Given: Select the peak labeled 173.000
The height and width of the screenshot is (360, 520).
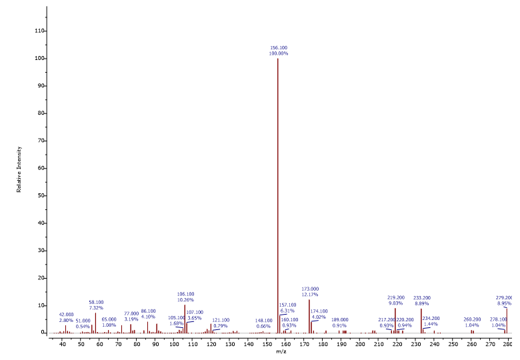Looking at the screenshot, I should [309, 317].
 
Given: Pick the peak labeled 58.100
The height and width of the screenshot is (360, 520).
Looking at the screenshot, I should [95, 323].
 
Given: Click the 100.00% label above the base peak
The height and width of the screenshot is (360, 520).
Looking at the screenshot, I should [279, 53].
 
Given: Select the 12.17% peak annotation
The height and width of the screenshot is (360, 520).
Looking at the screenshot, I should [310, 294].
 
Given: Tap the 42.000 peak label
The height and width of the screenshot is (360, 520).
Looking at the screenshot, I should [67, 315].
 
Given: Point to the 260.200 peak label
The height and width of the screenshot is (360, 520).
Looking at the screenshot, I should [472, 319].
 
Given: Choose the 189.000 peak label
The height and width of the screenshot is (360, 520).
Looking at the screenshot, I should [340, 319].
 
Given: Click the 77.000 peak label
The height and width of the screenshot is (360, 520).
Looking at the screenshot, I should [131, 313].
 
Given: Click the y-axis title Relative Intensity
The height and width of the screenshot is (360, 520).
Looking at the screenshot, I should [19, 169].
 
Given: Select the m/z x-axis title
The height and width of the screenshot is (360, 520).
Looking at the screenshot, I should [281, 351].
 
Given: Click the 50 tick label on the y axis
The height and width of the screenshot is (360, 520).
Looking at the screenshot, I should [40, 195].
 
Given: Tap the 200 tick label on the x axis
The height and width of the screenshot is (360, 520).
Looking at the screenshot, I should [361, 343].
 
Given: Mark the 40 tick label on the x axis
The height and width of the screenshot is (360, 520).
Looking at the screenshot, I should [63, 343].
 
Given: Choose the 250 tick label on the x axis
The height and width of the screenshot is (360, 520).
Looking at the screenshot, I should [453, 343].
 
